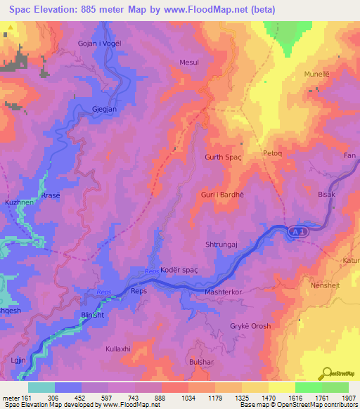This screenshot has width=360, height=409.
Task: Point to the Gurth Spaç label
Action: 222,157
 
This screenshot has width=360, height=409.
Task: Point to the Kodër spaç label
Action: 179,271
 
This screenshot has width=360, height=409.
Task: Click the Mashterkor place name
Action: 223,291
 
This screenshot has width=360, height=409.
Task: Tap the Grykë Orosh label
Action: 250,326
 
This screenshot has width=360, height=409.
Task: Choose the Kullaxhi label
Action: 118,349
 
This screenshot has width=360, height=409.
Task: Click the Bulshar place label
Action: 200,361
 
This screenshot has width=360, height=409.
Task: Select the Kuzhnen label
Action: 19,202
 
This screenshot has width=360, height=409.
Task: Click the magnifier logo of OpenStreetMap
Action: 326,372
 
